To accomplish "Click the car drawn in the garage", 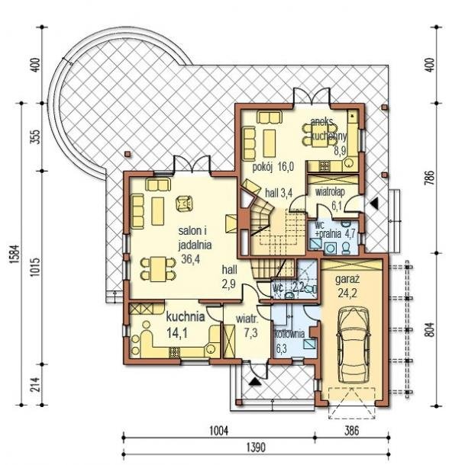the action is [353, 346].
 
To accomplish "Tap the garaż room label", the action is [347, 279].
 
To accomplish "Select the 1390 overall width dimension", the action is [257, 447].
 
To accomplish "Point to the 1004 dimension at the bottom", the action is [219, 431].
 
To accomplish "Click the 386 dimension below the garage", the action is [352, 431].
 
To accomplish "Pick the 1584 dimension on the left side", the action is [15, 254].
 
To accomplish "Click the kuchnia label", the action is [186, 317].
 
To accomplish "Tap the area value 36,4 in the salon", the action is [190, 259].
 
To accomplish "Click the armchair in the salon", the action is [184, 204].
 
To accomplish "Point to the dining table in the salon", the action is [158, 269].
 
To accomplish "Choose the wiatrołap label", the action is [331, 192].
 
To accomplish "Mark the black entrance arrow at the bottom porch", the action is [254, 381].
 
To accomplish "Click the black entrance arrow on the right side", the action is [374, 204].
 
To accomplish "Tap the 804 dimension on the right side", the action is [431, 329].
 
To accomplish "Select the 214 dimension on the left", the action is [36, 385].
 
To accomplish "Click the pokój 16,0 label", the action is [273, 167].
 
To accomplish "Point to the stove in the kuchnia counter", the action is [174, 352].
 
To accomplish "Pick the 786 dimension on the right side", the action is [431, 178].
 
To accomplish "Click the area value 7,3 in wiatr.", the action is [251, 333].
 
